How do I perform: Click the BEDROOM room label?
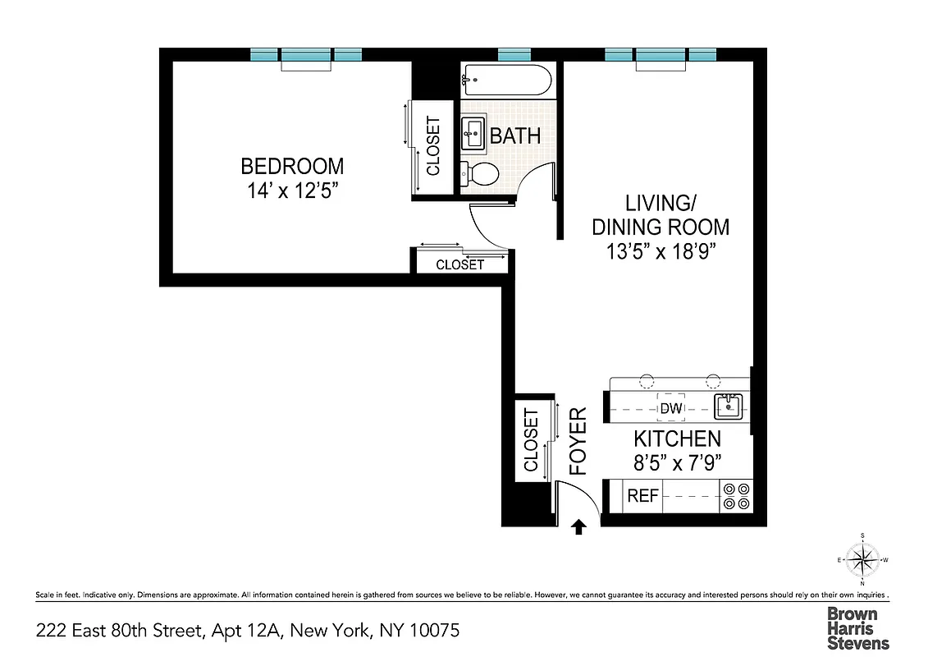[x=292, y=166]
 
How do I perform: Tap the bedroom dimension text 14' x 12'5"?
[x=292, y=191]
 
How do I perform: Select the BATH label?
[x=515, y=136]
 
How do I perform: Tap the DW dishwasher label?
[x=670, y=408]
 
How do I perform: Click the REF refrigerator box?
[x=642, y=496]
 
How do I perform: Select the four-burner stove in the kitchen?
[x=735, y=497]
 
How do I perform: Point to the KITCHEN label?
[x=677, y=439]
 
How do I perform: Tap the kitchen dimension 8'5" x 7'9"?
[x=677, y=462]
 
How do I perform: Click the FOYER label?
[x=579, y=441]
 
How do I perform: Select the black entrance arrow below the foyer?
[x=579, y=526]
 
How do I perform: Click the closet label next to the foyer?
[x=531, y=440]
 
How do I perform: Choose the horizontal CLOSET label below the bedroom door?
[x=459, y=264]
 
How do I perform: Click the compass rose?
[x=862, y=561]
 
